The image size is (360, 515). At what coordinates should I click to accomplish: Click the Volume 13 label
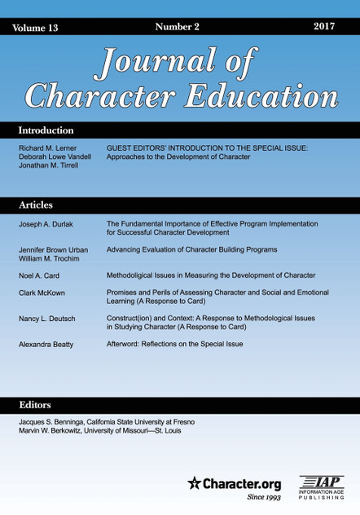click(x=36, y=28)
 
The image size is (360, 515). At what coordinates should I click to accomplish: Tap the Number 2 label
click(x=177, y=27)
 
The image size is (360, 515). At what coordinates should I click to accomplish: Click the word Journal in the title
click(x=160, y=62)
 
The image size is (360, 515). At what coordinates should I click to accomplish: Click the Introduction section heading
click(x=46, y=130)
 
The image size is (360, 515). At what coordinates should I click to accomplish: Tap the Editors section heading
click(x=34, y=405)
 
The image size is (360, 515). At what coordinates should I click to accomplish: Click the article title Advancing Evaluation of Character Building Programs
click(x=192, y=249)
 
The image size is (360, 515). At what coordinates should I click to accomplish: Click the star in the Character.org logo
click(x=194, y=482)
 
